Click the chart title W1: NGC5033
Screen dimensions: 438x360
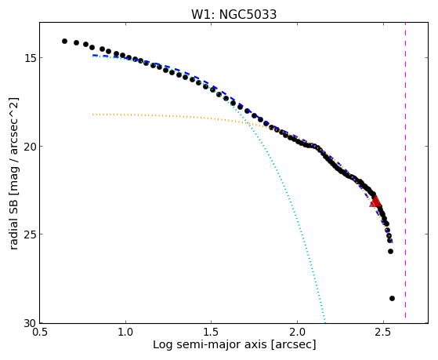point(233,14)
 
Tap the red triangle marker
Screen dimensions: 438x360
point(375,201)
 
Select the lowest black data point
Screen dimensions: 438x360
point(392,299)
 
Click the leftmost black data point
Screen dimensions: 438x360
point(64,41)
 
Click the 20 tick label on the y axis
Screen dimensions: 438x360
point(31,147)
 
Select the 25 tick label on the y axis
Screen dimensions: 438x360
point(31,235)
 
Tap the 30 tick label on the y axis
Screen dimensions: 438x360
point(31,323)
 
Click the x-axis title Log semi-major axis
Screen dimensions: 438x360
point(210,344)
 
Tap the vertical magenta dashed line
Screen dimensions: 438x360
point(405,170)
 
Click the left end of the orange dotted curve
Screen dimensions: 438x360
point(92,115)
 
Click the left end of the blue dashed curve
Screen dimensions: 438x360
point(93,56)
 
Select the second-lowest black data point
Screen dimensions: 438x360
point(390,252)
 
